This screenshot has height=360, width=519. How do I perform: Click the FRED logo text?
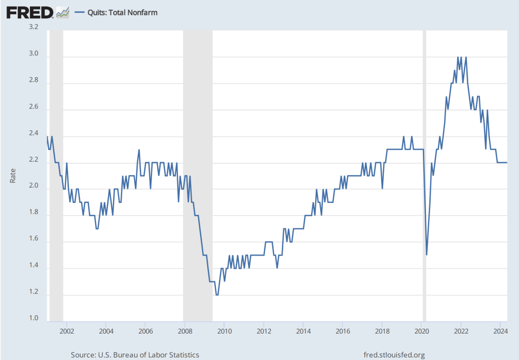click(x=29, y=12)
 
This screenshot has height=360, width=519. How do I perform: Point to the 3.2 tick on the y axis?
click(x=33, y=28)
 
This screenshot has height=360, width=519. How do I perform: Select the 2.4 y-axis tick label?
click(x=33, y=134)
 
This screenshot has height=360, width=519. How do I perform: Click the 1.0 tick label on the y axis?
click(x=33, y=318)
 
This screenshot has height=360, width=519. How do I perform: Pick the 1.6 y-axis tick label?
click(x=33, y=239)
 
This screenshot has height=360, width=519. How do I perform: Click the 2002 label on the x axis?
click(x=66, y=331)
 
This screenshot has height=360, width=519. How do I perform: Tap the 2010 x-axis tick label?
click(x=225, y=331)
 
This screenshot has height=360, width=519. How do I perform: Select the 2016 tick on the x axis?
click(x=343, y=331)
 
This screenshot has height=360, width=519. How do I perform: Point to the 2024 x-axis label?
click(x=500, y=331)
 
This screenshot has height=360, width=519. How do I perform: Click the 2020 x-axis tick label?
click(x=422, y=331)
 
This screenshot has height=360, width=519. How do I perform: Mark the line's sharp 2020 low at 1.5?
click(x=427, y=255)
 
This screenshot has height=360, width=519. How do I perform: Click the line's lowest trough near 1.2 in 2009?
click(x=217, y=295)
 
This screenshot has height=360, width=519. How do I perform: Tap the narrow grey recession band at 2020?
click(x=425, y=152)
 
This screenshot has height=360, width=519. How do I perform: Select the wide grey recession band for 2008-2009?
click(x=198, y=152)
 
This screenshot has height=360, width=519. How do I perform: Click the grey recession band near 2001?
click(x=56, y=152)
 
